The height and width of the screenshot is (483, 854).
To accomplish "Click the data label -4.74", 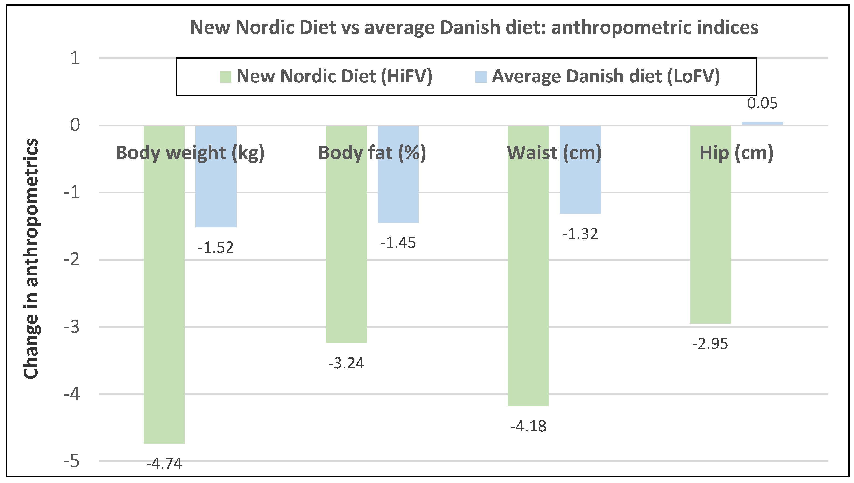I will pos(164,463).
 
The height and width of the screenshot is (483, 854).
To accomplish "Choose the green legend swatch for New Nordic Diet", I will pos(225,77).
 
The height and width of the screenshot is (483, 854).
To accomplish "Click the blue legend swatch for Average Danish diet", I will pos(481,77).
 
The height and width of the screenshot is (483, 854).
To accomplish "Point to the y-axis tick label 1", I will pos(75,58).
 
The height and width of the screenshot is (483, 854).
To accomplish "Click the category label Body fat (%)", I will pos(372,153).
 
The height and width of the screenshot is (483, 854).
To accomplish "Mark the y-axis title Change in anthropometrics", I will pos(31,259).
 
